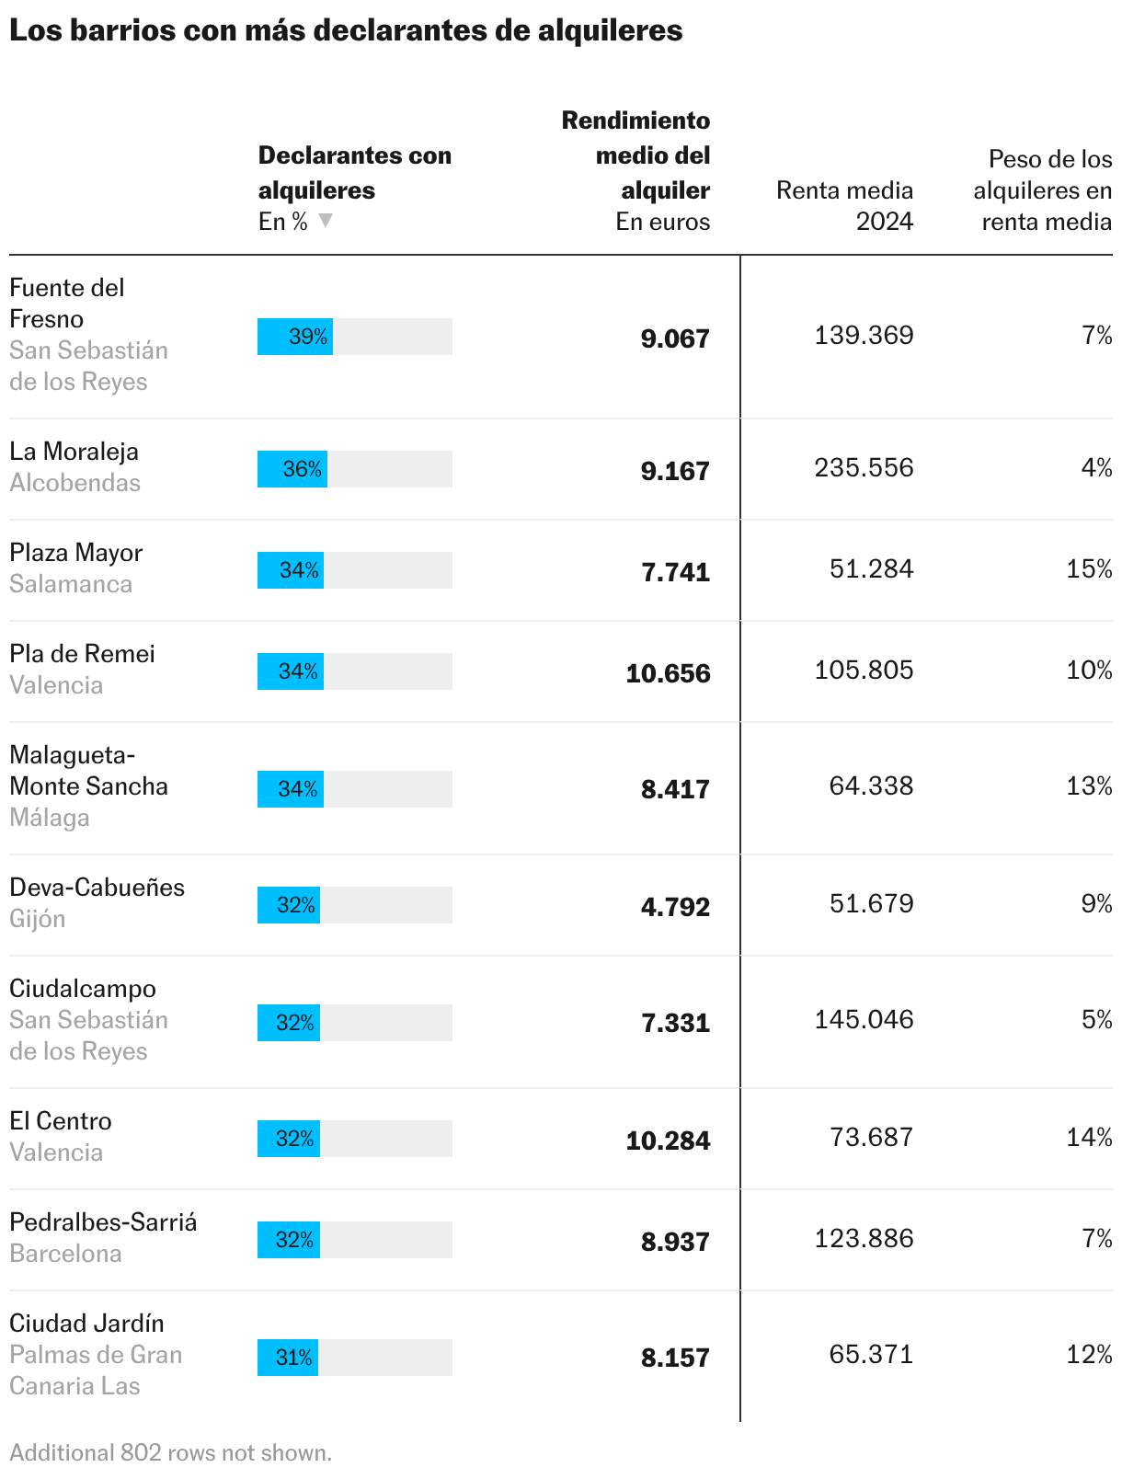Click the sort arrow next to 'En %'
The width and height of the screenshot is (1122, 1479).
click(326, 220)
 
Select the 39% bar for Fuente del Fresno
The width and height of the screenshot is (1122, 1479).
click(294, 337)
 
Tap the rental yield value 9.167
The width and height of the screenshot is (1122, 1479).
click(675, 470)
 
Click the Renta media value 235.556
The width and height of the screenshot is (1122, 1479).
click(864, 467)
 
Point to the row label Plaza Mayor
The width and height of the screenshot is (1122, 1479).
click(75, 553)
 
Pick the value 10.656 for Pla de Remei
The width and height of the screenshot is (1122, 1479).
click(668, 672)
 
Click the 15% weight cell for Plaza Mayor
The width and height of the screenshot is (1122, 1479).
click(1088, 568)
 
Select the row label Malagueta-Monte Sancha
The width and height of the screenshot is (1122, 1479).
click(88, 770)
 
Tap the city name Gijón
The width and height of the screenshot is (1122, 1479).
click(38, 919)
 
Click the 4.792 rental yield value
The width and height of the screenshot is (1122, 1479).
click(675, 906)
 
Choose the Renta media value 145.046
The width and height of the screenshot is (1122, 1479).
click(864, 1019)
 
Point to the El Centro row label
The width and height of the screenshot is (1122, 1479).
click(61, 1120)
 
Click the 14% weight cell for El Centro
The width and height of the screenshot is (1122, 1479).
click(1088, 1137)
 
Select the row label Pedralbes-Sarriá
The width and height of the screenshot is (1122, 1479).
click(103, 1222)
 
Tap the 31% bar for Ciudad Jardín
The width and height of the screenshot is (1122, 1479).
click(288, 1357)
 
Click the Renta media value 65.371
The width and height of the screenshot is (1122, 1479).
click(871, 1354)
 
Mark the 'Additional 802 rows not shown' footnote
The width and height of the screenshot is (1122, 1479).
click(170, 1452)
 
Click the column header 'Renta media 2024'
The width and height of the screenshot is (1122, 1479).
click(844, 205)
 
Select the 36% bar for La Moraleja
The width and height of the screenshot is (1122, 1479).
click(292, 469)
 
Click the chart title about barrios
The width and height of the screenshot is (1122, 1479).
click(346, 30)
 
